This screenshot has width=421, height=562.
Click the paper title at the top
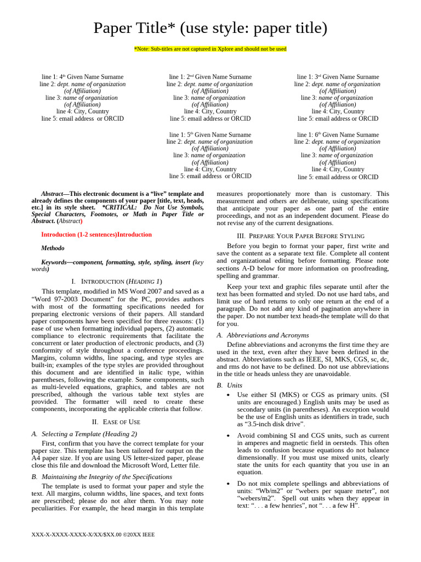pyautogui.click(x=210, y=28)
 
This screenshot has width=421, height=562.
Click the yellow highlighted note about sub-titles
pyautogui.click(x=210, y=49)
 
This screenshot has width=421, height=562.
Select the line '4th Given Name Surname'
pyautogui.click(x=82, y=77)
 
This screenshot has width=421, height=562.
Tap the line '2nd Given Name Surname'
pyautogui.click(x=210, y=77)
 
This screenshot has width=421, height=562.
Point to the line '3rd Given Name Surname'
pyautogui.click(x=338, y=77)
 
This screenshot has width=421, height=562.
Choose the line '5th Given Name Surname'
pyautogui.click(x=210, y=134)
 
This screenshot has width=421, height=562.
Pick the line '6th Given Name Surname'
pyautogui.click(x=338, y=134)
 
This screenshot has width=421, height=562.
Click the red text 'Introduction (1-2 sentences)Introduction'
pyautogui.click(x=96, y=234)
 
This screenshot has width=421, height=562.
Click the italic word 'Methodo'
pyautogui.click(x=53, y=248)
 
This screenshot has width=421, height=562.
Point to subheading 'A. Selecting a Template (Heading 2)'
pyautogui.click(x=85, y=434)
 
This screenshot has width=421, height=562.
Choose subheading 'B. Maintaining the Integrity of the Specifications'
pyautogui.click(x=102, y=476)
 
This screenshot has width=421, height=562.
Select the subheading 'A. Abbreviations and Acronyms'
pyautogui.click(x=263, y=335)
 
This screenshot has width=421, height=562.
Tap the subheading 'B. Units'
pyautogui.click(x=226, y=385)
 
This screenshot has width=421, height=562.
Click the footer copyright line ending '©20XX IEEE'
pyautogui.click(x=93, y=534)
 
